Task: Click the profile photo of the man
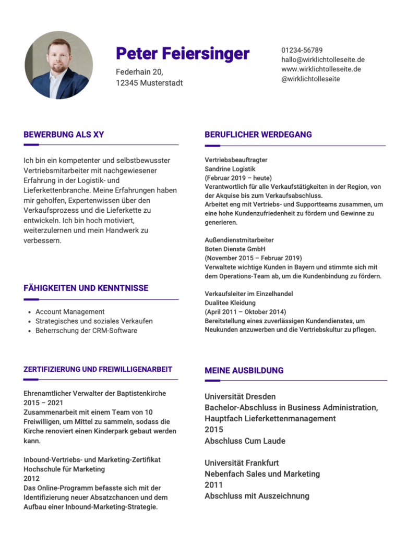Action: coord(58,65)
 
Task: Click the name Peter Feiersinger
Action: coord(183,53)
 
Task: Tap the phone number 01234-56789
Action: coord(302,50)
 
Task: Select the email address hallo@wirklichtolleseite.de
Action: coord(323,59)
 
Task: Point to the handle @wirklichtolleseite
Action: coord(310,79)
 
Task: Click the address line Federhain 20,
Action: coord(139,72)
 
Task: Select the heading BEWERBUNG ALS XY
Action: coord(64,135)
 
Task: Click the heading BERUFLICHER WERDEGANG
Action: coord(258,135)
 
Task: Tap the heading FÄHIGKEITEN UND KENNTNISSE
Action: coord(86,288)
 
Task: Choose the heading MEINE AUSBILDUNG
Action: coord(244,370)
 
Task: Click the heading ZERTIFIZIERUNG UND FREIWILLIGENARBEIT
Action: coord(98,369)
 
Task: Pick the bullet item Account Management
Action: coord(70,312)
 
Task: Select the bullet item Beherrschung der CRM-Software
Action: coord(86,331)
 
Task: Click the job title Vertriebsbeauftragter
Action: coord(236,160)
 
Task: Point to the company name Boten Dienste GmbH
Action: coord(235,249)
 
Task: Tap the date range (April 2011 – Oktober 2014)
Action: coord(245,312)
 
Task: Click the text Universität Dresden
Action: coord(240,396)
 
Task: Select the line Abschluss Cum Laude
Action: coord(245,441)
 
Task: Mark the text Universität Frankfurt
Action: coord(242,463)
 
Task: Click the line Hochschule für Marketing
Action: coord(64,469)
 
